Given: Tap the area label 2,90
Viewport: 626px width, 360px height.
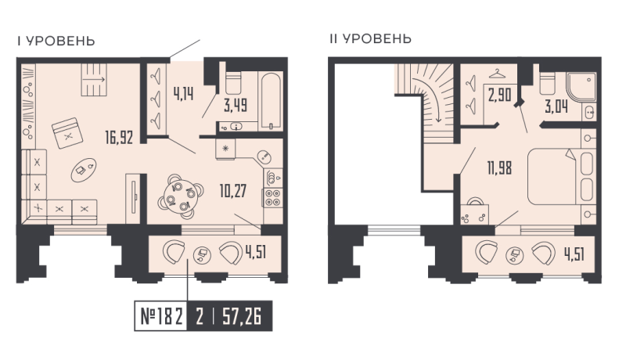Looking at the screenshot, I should (x=501, y=96).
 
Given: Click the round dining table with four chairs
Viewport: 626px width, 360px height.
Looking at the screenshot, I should (x=177, y=195).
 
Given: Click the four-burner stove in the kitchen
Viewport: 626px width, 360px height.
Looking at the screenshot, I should (x=274, y=196).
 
